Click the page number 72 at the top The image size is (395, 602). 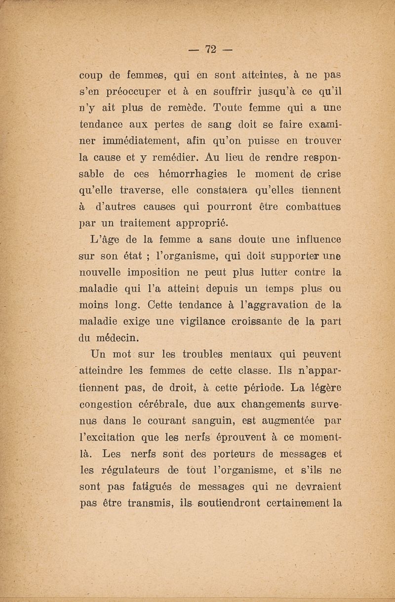(x=212, y=50)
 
